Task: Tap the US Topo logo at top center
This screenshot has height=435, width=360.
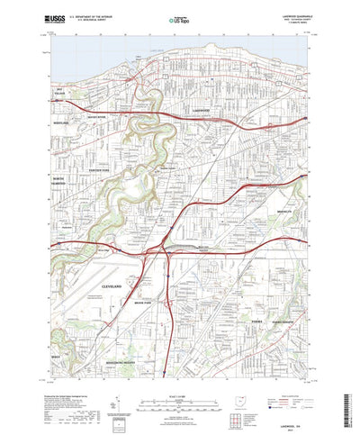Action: tap(174, 16)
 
